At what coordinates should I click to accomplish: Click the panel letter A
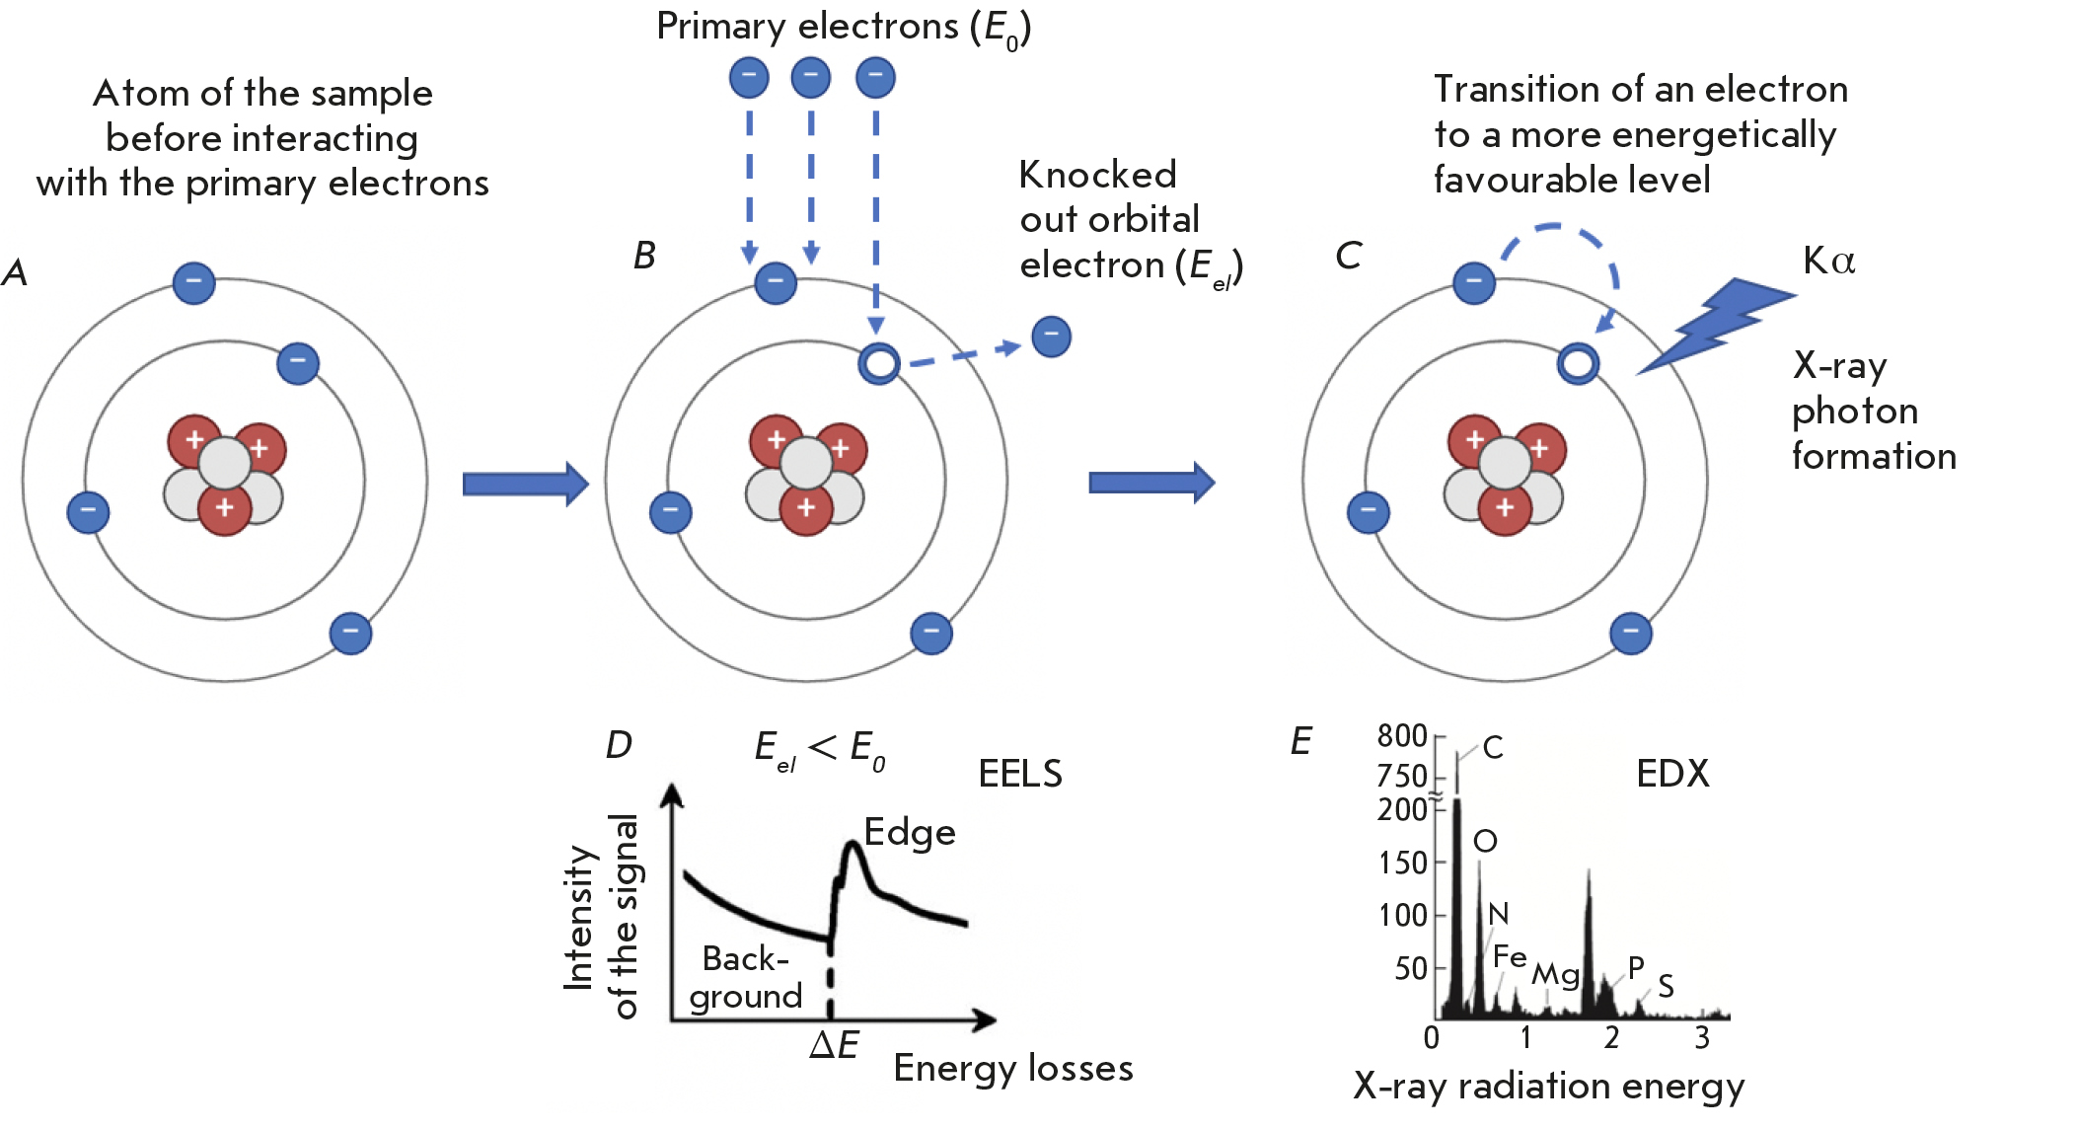15,272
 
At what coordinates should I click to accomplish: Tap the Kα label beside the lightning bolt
1828,261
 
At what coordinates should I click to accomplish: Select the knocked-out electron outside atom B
1051,337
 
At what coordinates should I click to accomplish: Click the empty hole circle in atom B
878,363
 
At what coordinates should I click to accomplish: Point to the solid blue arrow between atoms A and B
525,484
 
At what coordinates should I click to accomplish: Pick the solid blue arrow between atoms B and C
1150,483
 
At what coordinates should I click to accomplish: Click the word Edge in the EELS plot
909,833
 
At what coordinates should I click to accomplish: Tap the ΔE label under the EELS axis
834,1045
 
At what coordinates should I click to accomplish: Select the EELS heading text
1020,774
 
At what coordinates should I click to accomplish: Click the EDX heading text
1672,774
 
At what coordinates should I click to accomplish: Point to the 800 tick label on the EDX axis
1402,735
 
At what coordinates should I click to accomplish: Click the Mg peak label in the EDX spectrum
1555,974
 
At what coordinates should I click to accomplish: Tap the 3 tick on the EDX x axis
1702,1037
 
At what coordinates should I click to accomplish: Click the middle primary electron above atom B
810,77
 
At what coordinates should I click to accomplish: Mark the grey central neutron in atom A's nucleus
225,462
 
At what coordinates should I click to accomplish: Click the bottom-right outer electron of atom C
1630,633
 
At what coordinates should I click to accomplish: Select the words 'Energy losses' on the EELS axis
1012,1069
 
